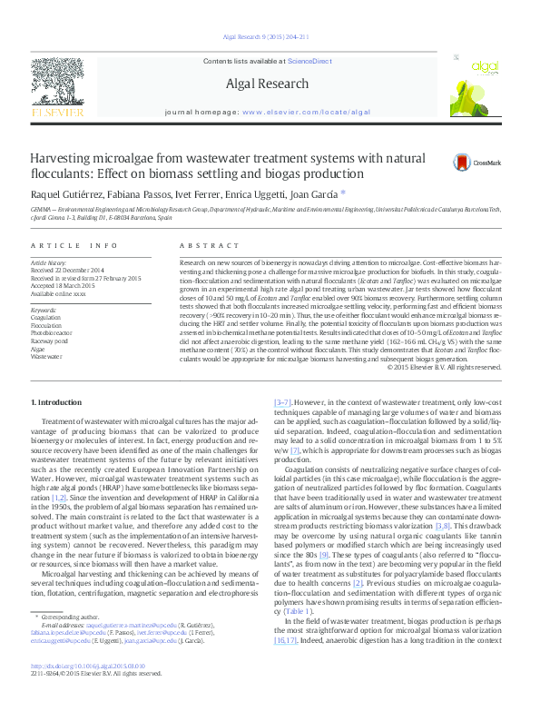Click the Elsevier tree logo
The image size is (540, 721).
tap(56, 85)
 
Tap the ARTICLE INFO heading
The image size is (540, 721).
tap(74, 246)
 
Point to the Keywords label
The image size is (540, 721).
tap(44, 311)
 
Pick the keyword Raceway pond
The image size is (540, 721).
tap(50, 340)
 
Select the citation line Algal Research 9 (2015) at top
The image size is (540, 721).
tap(265, 37)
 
